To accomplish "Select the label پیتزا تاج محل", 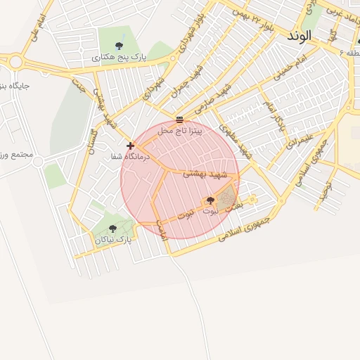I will pos(180,130).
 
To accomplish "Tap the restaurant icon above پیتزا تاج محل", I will pos(180,119).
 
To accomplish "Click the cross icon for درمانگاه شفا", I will pos(130,146).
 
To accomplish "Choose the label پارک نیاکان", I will pos(114,240).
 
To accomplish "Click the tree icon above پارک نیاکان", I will pos(112,228).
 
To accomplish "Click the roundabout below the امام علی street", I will pos(15,62).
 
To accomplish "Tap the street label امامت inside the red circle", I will pos(162,226).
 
